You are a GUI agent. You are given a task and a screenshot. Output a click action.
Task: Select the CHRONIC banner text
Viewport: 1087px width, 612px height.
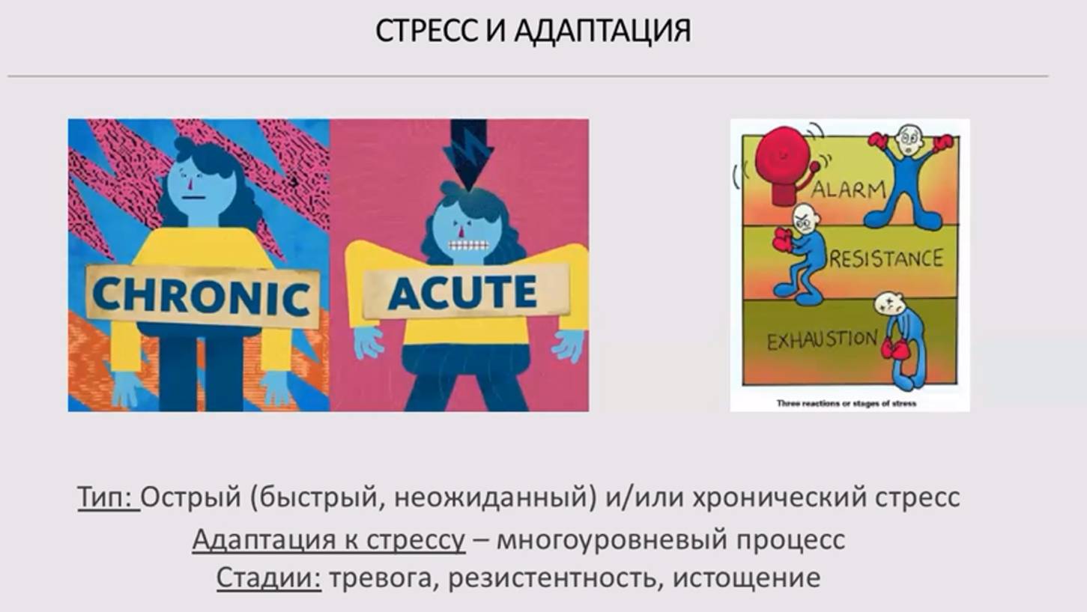pyautogui.click(x=201, y=296)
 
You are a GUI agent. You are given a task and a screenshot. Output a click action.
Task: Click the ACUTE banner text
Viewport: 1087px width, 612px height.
pyautogui.click(x=462, y=292)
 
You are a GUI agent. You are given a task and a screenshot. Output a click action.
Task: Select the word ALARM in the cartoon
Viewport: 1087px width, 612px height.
pyautogui.click(x=849, y=190)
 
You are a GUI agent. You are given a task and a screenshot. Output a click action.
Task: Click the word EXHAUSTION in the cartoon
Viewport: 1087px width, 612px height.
pyautogui.click(x=821, y=341)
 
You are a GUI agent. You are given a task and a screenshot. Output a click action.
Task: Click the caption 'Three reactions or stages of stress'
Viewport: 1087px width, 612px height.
pyautogui.click(x=846, y=403)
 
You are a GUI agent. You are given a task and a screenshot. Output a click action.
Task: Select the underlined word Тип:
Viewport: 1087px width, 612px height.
pyautogui.click(x=106, y=497)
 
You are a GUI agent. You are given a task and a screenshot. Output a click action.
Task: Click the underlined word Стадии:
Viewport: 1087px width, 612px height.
pyautogui.click(x=268, y=578)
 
